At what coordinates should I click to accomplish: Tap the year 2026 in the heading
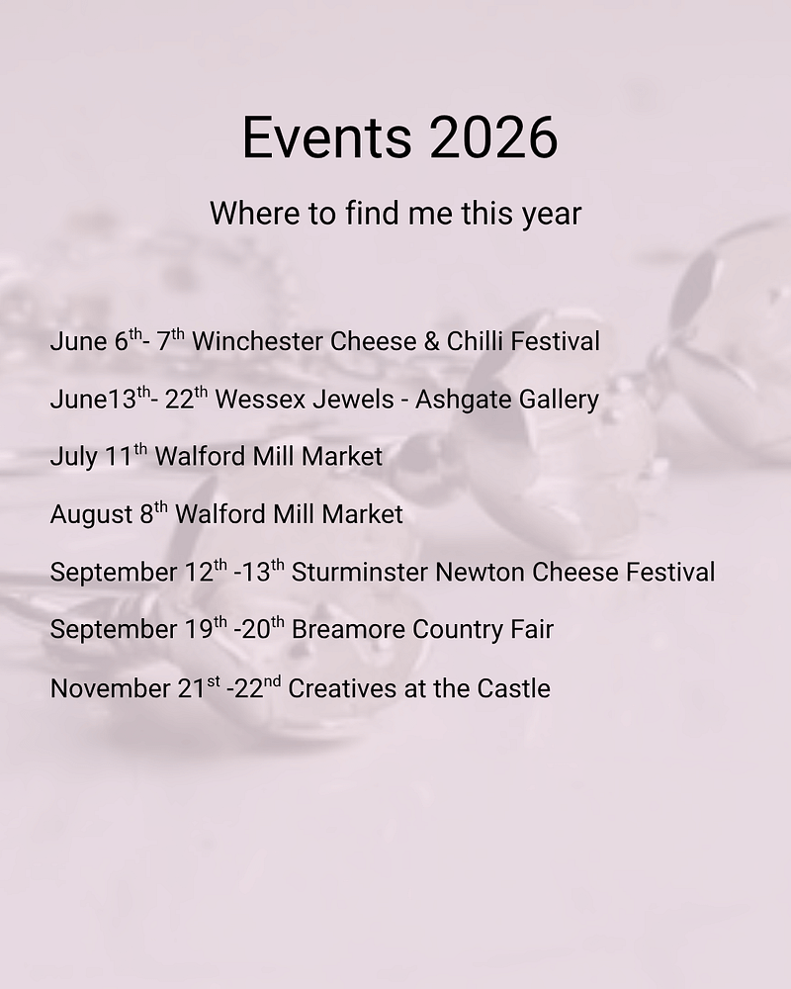point(493,137)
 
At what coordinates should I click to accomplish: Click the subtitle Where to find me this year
point(395,213)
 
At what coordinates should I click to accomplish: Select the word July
point(74,457)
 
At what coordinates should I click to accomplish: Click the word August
point(91,514)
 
